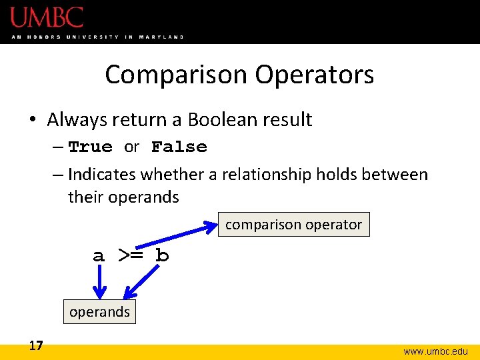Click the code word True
pyautogui.click(x=91, y=147)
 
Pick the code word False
pyautogui.click(x=179, y=147)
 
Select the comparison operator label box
pyautogui.click(x=293, y=225)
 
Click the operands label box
pyautogui.click(x=99, y=311)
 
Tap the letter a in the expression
pyautogui.click(x=99, y=256)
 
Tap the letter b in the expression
pyautogui.click(x=161, y=256)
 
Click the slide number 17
pyautogui.click(x=36, y=345)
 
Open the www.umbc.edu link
pyautogui.click(x=435, y=351)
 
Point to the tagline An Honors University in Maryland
pyautogui.click(x=97, y=37)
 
